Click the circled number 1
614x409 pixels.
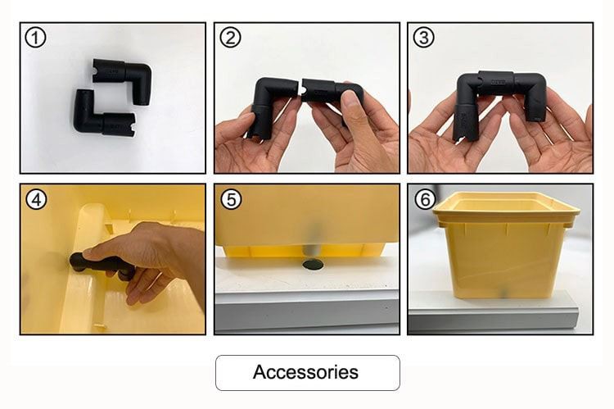[x=35, y=39]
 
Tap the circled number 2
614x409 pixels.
[x=230, y=38]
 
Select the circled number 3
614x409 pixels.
[x=423, y=38]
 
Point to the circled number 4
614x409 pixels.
[x=36, y=199]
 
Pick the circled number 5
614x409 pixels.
[x=231, y=200]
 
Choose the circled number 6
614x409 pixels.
[x=425, y=200]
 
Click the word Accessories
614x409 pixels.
[x=305, y=372]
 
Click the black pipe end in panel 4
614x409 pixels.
[x=79, y=261]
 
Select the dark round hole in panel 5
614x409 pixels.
[x=314, y=265]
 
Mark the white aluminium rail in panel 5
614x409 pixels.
[x=307, y=311]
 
